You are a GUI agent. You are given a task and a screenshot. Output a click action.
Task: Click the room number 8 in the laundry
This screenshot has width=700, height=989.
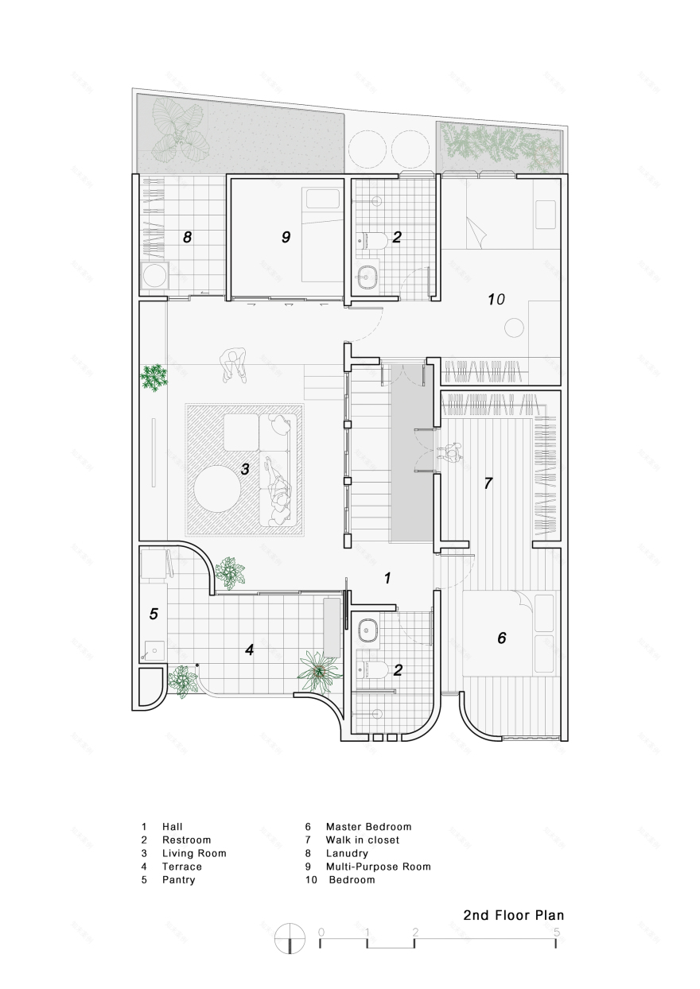[x=188, y=237]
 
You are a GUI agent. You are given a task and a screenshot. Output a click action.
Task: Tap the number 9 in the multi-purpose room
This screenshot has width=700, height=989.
[x=286, y=237]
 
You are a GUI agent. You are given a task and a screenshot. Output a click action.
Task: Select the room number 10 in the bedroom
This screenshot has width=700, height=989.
[x=496, y=300]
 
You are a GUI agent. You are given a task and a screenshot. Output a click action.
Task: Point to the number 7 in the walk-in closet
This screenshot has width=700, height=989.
[x=488, y=483]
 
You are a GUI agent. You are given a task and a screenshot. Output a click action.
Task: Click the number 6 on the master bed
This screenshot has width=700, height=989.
[x=501, y=638]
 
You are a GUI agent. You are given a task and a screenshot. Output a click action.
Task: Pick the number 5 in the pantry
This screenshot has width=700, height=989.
[x=154, y=614]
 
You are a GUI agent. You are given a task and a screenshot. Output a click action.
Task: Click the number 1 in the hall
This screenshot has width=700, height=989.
[x=387, y=579]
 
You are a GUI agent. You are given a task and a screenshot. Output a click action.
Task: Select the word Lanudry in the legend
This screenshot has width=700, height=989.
[x=347, y=853]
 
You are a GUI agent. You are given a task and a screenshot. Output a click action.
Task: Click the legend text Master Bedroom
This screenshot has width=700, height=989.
[x=368, y=827]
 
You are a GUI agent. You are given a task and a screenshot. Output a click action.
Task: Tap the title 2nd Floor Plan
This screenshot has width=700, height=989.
[x=513, y=915]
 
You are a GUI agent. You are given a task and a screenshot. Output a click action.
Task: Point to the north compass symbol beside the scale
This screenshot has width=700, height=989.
[x=290, y=939]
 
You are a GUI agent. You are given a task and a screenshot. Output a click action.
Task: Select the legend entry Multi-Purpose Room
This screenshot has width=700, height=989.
[x=378, y=867]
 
